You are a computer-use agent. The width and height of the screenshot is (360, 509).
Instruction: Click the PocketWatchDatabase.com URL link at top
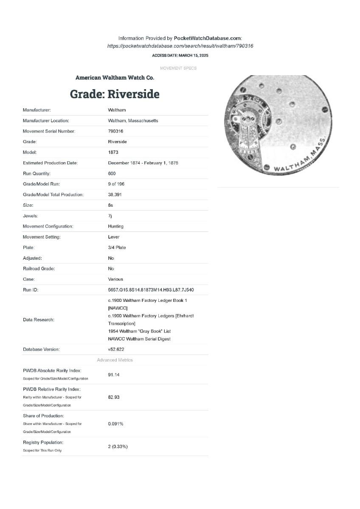coord(180,46)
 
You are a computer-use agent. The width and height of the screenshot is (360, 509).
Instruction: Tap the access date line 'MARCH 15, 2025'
coord(180,56)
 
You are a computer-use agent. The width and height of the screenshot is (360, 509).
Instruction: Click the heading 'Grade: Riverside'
coord(115,94)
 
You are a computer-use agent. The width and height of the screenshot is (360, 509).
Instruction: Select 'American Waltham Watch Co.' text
coord(115,78)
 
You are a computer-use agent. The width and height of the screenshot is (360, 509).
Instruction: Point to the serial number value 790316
coord(115,131)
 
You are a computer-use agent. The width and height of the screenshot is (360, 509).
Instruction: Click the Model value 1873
coord(113,152)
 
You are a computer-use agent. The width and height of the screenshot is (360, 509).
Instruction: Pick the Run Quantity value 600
coord(112,173)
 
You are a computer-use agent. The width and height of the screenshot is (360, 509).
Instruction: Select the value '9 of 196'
coord(116,184)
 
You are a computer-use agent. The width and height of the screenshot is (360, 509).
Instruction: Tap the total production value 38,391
coord(115,194)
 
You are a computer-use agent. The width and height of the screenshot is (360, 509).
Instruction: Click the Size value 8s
coord(110,205)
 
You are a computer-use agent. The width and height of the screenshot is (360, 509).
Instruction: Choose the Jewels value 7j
coord(110,216)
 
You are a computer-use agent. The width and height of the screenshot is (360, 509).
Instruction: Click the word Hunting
coord(116,226)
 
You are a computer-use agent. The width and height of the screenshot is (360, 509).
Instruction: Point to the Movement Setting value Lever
coord(113,237)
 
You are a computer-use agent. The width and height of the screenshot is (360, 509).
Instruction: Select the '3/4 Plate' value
coord(117,247)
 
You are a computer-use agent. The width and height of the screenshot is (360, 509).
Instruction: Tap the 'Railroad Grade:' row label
coord(39,269)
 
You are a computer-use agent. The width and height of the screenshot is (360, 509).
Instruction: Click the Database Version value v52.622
coord(116,349)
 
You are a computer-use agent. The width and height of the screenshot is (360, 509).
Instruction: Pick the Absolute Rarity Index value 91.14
coord(114,375)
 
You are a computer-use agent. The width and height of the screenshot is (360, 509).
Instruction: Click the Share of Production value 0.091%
coord(115,424)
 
